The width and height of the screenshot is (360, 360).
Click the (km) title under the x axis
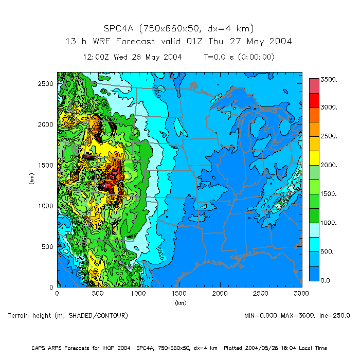179,302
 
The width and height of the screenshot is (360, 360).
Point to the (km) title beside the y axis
32,179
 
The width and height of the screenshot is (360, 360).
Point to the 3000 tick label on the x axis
301,294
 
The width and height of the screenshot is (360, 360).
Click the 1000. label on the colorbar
329,223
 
